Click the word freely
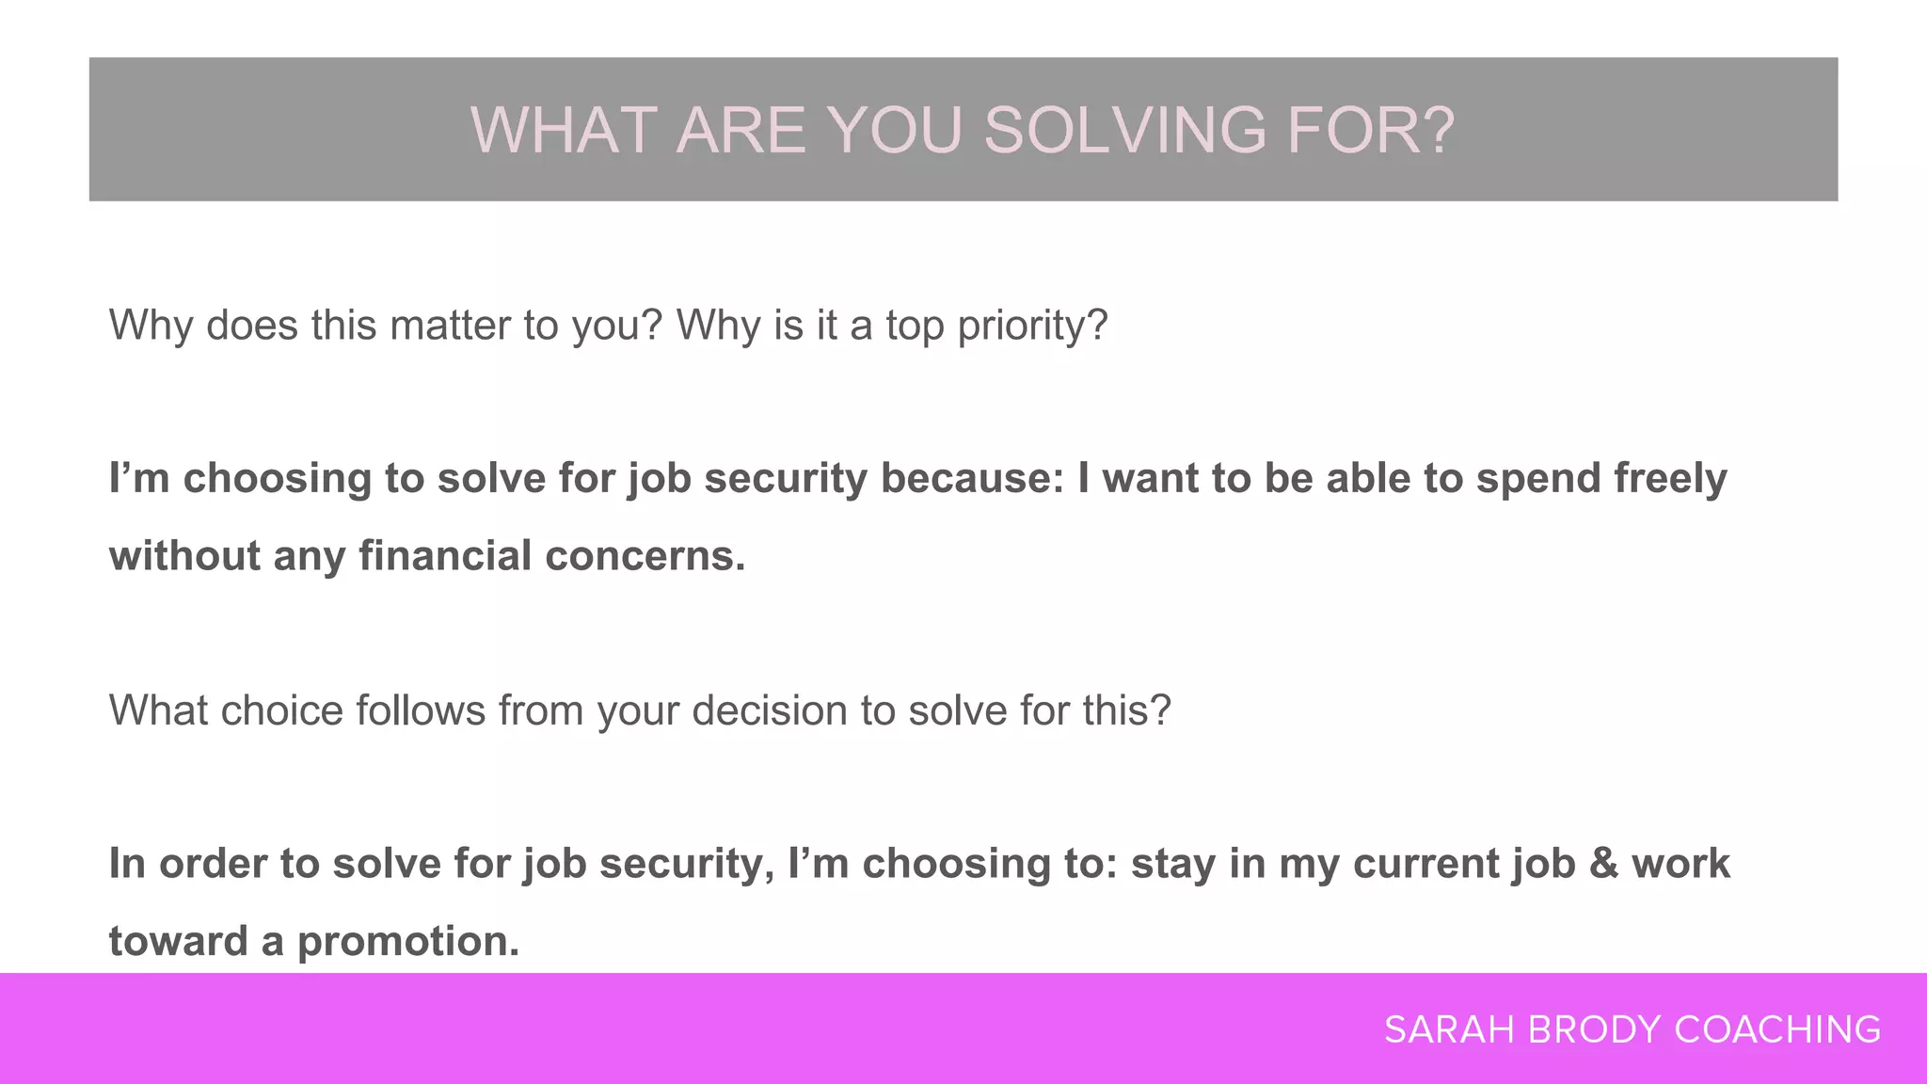[x=1671, y=478]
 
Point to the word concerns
[x=645, y=555]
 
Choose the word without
[x=184, y=555]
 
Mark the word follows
[x=420, y=710]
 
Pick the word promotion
[x=408, y=941]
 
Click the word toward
[x=178, y=941]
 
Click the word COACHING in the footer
[x=1777, y=1029]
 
